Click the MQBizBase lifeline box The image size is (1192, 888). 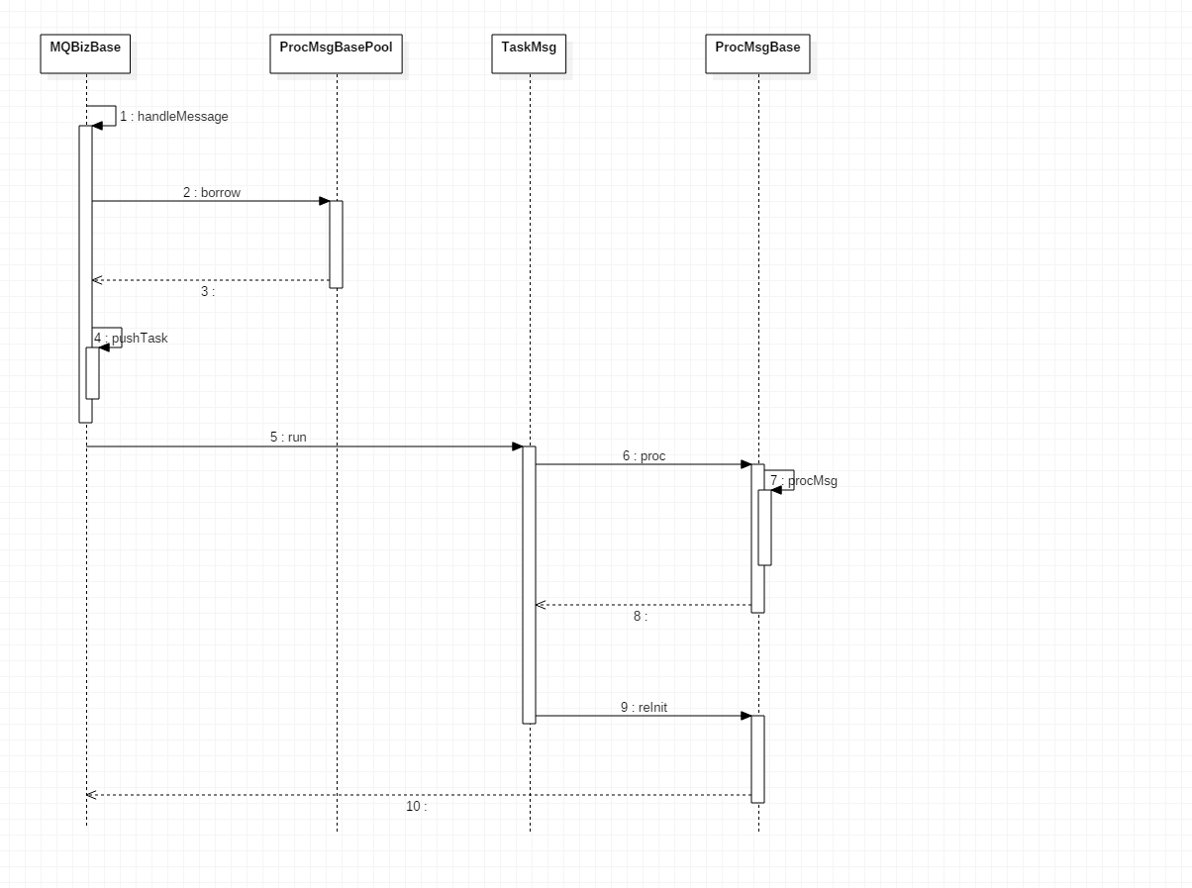tap(86, 53)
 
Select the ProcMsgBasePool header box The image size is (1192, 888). tap(337, 53)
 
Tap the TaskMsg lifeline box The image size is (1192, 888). tap(529, 53)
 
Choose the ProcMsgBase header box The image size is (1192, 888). tap(757, 53)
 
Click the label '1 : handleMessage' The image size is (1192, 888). tap(174, 117)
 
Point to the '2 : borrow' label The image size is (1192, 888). tap(212, 193)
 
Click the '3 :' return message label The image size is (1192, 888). tap(208, 292)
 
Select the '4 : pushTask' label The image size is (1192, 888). tap(132, 339)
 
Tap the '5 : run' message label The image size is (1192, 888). tap(288, 437)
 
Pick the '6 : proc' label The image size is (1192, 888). tap(645, 456)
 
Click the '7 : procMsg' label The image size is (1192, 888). tap(804, 481)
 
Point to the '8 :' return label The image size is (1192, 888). tap(641, 616)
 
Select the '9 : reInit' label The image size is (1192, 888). tap(645, 708)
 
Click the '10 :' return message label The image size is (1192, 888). tap(417, 807)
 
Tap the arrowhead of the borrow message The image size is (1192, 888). tap(324, 201)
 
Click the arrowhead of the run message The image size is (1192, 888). tap(517, 446)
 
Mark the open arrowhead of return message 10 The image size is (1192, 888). tap(90, 795)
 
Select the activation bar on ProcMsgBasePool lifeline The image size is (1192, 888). tap(337, 245)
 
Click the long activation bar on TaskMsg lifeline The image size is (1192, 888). tap(530, 584)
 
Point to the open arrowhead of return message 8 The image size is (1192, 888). tap(540, 605)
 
